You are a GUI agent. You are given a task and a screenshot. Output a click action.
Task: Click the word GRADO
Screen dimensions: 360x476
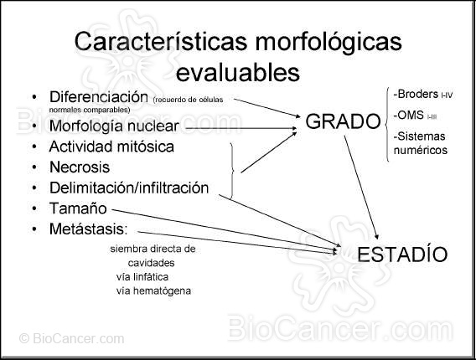343,122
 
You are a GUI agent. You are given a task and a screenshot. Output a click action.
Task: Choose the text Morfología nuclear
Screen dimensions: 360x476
114,126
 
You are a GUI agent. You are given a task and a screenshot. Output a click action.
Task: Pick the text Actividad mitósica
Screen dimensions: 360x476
111,147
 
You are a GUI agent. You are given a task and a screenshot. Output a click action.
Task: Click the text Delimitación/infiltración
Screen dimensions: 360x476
129,188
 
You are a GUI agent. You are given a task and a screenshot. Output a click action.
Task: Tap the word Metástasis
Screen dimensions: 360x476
88,229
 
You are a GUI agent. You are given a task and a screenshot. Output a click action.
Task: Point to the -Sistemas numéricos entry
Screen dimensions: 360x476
420,143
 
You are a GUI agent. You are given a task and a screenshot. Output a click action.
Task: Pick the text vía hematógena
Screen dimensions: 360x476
154,291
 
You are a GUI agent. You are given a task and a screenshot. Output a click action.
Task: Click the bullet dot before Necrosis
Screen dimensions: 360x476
33,168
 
